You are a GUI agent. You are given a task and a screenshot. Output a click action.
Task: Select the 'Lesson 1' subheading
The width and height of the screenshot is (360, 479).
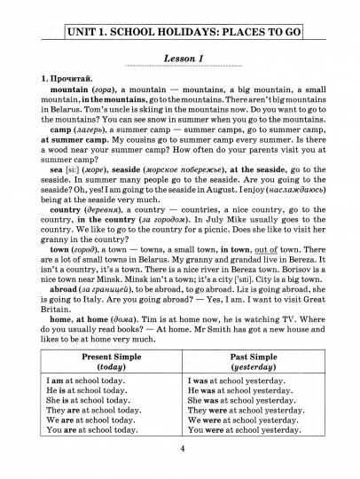179,58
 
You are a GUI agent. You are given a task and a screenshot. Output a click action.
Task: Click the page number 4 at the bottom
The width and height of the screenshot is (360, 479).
181,449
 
